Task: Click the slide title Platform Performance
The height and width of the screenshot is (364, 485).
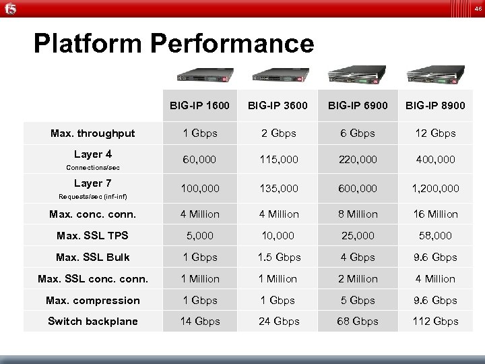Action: (x=174, y=44)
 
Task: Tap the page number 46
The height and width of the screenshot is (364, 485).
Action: (x=477, y=9)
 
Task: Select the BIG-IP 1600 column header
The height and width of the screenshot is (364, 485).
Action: (x=199, y=106)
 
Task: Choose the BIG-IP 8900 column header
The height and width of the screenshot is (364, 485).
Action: (x=436, y=106)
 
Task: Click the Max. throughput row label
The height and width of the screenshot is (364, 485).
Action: (x=92, y=133)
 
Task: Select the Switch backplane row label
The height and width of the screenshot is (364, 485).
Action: (x=92, y=322)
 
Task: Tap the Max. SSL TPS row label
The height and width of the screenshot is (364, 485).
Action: (x=92, y=236)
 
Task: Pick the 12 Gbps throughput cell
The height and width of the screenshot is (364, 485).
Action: (x=436, y=133)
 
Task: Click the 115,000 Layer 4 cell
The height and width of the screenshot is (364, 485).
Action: (x=278, y=160)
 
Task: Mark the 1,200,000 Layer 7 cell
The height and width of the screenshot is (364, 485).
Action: (x=436, y=188)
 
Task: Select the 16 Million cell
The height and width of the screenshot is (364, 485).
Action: (x=436, y=214)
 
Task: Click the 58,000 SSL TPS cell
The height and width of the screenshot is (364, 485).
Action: (x=436, y=236)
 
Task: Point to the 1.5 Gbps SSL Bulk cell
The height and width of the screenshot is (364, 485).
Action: (x=278, y=257)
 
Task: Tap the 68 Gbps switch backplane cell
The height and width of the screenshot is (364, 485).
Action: (x=357, y=322)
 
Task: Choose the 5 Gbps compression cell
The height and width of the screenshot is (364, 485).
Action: (x=357, y=301)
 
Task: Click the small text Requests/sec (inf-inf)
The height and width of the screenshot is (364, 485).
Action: (x=92, y=197)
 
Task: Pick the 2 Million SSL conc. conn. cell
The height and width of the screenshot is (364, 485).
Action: (x=357, y=279)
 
